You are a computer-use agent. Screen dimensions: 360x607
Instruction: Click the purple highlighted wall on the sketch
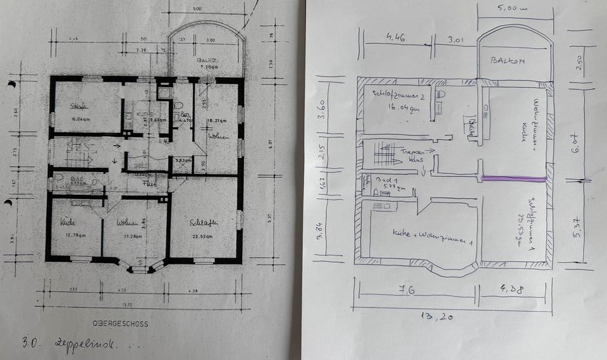pos(513,180)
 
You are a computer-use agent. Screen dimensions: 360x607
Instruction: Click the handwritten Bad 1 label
pos(384,182)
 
